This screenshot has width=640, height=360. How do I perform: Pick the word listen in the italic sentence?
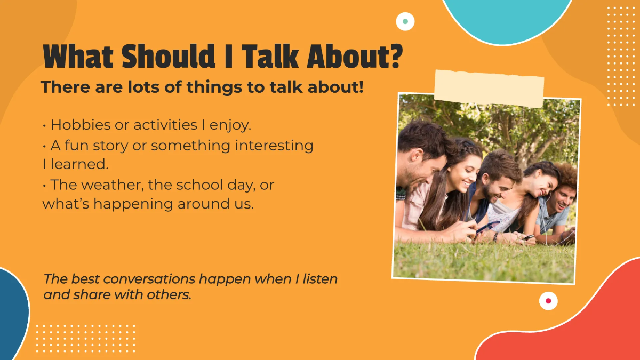(x=319, y=279)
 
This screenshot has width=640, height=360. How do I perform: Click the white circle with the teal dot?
(x=405, y=21)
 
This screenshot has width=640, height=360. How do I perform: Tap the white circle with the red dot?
(x=548, y=301)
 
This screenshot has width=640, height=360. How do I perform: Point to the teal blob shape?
(x=507, y=16)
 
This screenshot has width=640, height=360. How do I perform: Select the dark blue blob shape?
(x=12, y=315)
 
